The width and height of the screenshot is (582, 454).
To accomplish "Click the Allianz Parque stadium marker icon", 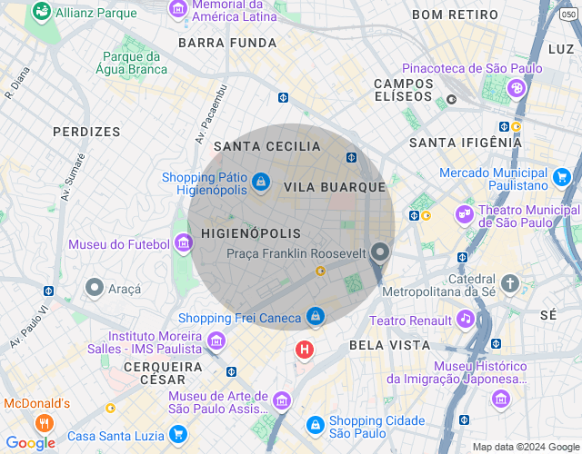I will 41,13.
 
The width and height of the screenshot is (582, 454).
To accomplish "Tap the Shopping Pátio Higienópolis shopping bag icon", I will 261,183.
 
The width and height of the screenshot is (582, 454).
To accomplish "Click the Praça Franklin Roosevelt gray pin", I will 380,253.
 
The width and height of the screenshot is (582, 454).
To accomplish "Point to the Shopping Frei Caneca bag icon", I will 315,316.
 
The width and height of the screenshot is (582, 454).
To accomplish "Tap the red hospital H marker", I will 305,349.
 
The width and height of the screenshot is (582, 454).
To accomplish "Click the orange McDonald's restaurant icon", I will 43,423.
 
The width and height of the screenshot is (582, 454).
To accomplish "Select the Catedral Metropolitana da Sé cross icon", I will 509,283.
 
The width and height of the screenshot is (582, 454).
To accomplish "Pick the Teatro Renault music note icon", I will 466,319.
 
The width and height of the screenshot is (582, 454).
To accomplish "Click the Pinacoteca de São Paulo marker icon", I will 517,88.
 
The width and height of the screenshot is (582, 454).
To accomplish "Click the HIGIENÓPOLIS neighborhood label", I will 250,233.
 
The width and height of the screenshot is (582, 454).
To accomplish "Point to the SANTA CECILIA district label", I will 267,146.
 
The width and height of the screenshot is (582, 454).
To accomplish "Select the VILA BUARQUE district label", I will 335,186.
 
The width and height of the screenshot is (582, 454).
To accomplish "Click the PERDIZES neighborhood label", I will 86,132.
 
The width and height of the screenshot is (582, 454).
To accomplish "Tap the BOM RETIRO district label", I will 455,15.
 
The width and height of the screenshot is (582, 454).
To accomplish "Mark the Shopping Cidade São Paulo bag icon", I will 315,424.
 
